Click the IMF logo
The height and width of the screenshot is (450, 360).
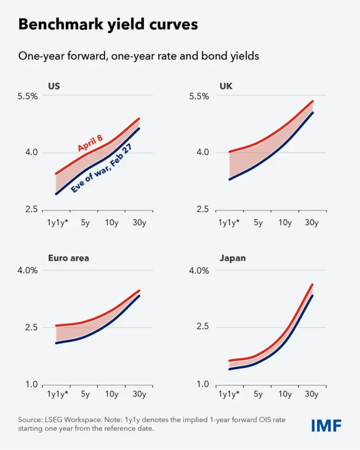(327, 425)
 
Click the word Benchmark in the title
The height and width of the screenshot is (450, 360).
(61, 24)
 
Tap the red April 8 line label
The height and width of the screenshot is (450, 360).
(90, 143)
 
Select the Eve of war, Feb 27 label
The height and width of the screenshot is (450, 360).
(102, 168)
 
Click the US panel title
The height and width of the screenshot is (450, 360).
(54, 86)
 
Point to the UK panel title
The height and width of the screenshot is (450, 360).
(226, 86)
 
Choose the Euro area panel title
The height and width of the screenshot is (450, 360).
(69, 258)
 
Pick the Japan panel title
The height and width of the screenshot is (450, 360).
(232, 258)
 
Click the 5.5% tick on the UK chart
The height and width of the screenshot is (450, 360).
(199, 96)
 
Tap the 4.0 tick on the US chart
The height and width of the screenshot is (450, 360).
(31, 152)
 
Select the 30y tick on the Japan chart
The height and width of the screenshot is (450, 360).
(311, 394)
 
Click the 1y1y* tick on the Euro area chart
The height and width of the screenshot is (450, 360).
(58, 394)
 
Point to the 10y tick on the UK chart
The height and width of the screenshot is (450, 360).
(285, 222)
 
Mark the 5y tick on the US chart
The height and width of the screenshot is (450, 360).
(85, 222)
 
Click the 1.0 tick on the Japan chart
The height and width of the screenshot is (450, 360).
(203, 384)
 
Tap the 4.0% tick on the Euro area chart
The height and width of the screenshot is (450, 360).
(28, 271)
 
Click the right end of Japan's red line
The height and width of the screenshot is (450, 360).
(312, 285)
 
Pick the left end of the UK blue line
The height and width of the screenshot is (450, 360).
(229, 179)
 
